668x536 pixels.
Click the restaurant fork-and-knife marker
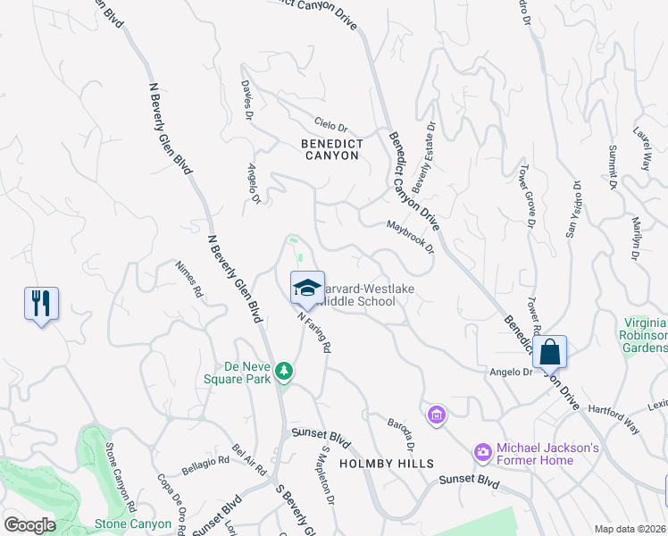(x=41, y=304)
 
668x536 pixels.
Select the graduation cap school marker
(x=307, y=288)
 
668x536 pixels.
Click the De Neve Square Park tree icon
(x=284, y=370)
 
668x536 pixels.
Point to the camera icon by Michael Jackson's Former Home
(x=483, y=453)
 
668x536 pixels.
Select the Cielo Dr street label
(x=330, y=128)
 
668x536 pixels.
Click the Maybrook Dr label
(x=410, y=237)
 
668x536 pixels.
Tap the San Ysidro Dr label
(x=574, y=209)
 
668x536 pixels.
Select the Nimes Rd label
(x=190, y=278)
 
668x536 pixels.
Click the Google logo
(x=29, y=524)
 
